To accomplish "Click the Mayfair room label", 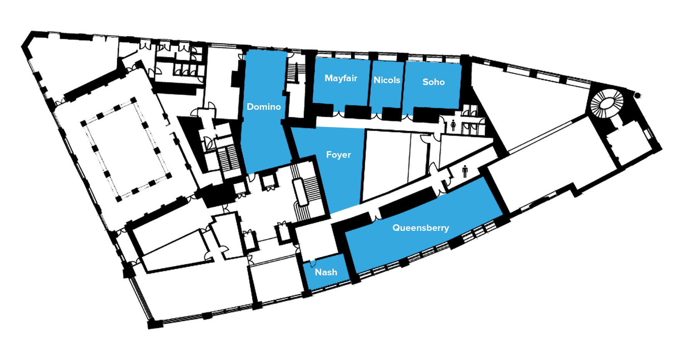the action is tap(341, 78).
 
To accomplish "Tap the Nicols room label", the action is tap(387, 80).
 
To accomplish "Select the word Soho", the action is tap(433, 82).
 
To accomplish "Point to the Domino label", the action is tap(264, 107).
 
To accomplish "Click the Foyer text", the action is tap(338, 155).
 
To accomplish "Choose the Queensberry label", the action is tap(421, 228).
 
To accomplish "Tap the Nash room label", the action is tap(326, 272).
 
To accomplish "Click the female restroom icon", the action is tap(453, 125).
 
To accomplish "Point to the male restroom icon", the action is tap(465, 171).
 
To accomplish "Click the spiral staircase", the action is tap(607, 104).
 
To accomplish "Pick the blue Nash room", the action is tap(326, 272).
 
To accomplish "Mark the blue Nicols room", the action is tap(387, 84).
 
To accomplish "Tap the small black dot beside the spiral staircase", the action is tap(637, 95).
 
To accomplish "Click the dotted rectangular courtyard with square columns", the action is tap(126, 150).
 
